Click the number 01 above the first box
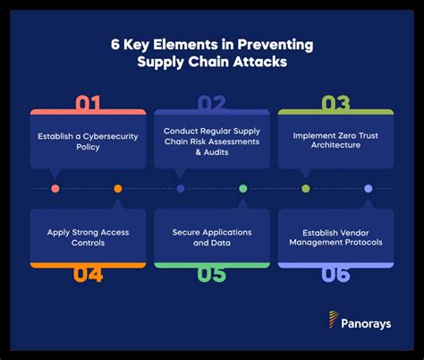[87, 104]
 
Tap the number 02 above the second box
[211, 104]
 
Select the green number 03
[335, 104]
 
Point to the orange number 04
[87, 273]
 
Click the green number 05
[211, 273]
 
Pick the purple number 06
[335, 273]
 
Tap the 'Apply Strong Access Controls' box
[87, 236]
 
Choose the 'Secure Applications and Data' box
[211, 236]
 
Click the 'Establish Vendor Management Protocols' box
[335, 236]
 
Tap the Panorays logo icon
[333, 319]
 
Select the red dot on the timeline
[55, 189]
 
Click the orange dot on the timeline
[118, 189]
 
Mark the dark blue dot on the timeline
[181, 189]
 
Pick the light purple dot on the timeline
[368, 189]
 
